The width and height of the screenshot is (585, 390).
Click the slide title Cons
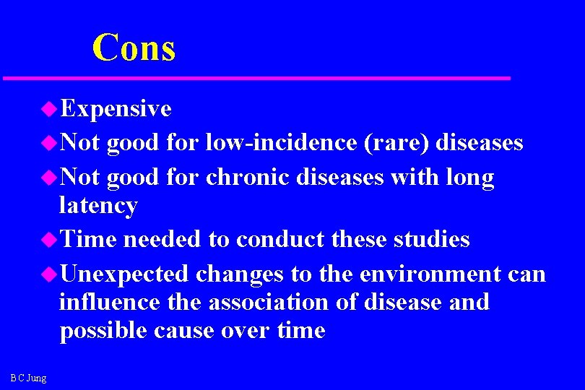coord(134,48)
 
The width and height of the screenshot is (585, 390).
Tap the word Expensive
coord(116,109)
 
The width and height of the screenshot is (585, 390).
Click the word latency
coord(98,206)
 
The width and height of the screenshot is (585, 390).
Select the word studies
coord(431,239)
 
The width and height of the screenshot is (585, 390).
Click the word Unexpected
coord(124,274)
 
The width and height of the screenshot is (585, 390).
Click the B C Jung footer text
coord(28,378)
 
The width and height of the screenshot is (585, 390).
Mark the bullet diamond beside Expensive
coord(48,109)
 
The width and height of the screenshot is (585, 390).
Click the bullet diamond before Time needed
coord(48,239)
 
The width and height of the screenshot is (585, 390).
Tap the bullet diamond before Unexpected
coord(48,274)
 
